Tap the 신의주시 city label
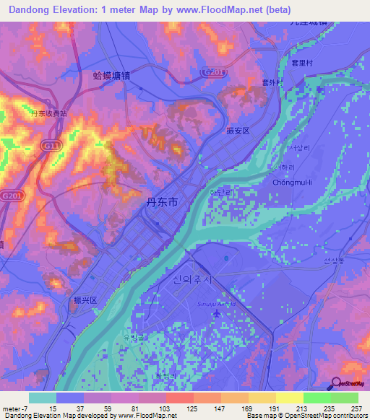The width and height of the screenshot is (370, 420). [x=194, y=279]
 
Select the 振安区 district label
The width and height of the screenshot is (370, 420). [x=236, y=131]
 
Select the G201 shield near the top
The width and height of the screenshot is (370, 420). [x=212, y=72]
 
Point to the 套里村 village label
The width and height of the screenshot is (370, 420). [x=301, y=64]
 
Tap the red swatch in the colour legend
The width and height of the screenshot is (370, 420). [x=179, y=398]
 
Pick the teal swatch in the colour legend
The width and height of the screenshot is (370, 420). [x=43, y=398]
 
